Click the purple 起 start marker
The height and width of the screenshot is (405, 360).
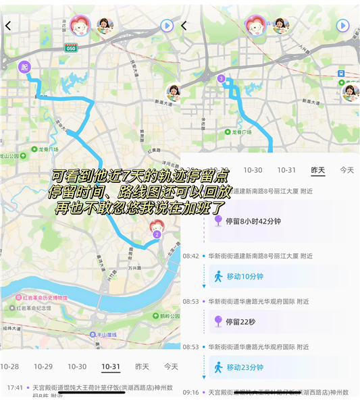(x=25, y=66)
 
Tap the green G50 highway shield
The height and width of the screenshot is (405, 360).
(x=71, y=48)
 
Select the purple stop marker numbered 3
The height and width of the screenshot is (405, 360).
(x=221, y=79)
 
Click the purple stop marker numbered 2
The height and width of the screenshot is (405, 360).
(x=156, y=234)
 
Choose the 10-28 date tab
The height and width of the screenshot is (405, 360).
(x=9, y=367)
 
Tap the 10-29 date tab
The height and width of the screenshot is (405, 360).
(x=43, y=367)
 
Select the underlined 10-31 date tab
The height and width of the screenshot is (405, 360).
(x=111, y=367)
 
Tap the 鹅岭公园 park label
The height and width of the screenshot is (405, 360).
(x=165, y=315)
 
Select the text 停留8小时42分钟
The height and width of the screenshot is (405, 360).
(x=253, y=221)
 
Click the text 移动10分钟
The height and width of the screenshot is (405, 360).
(x=245, y=276)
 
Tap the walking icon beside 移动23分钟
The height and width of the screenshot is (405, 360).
(x=218, y=367)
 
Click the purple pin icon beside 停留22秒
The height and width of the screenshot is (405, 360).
(x=218, y=321)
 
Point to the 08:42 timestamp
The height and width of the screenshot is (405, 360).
(x=190, y=256)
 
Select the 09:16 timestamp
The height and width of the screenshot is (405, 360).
(x=190, y=392)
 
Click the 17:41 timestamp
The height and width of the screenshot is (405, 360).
(x=15, y=388)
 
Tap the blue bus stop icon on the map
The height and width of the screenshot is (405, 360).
(x=342, y=73)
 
